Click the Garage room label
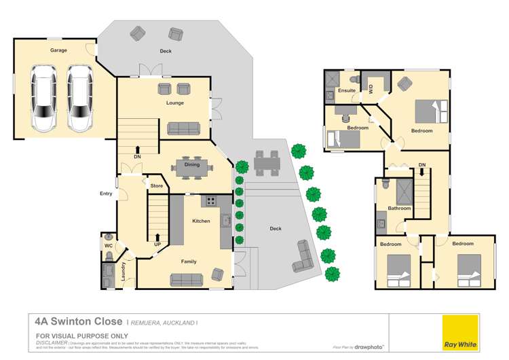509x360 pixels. point(58,50)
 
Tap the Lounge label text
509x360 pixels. point(175,103)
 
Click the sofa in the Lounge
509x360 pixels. point(184,128)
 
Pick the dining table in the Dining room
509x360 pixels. point(192,167)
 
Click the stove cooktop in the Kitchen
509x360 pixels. point(211,201)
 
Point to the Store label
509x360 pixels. point(157,185)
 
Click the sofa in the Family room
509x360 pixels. point(186,278)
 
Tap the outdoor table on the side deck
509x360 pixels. point(266,163)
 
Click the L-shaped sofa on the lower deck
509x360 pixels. point(302,257)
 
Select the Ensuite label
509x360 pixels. point(346,90)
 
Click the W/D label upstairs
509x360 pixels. point(371,87)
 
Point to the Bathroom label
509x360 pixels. point(399,208)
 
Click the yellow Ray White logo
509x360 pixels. point(460,333)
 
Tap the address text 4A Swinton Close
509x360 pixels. point(79,321)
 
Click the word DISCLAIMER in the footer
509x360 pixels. point(52,342)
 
